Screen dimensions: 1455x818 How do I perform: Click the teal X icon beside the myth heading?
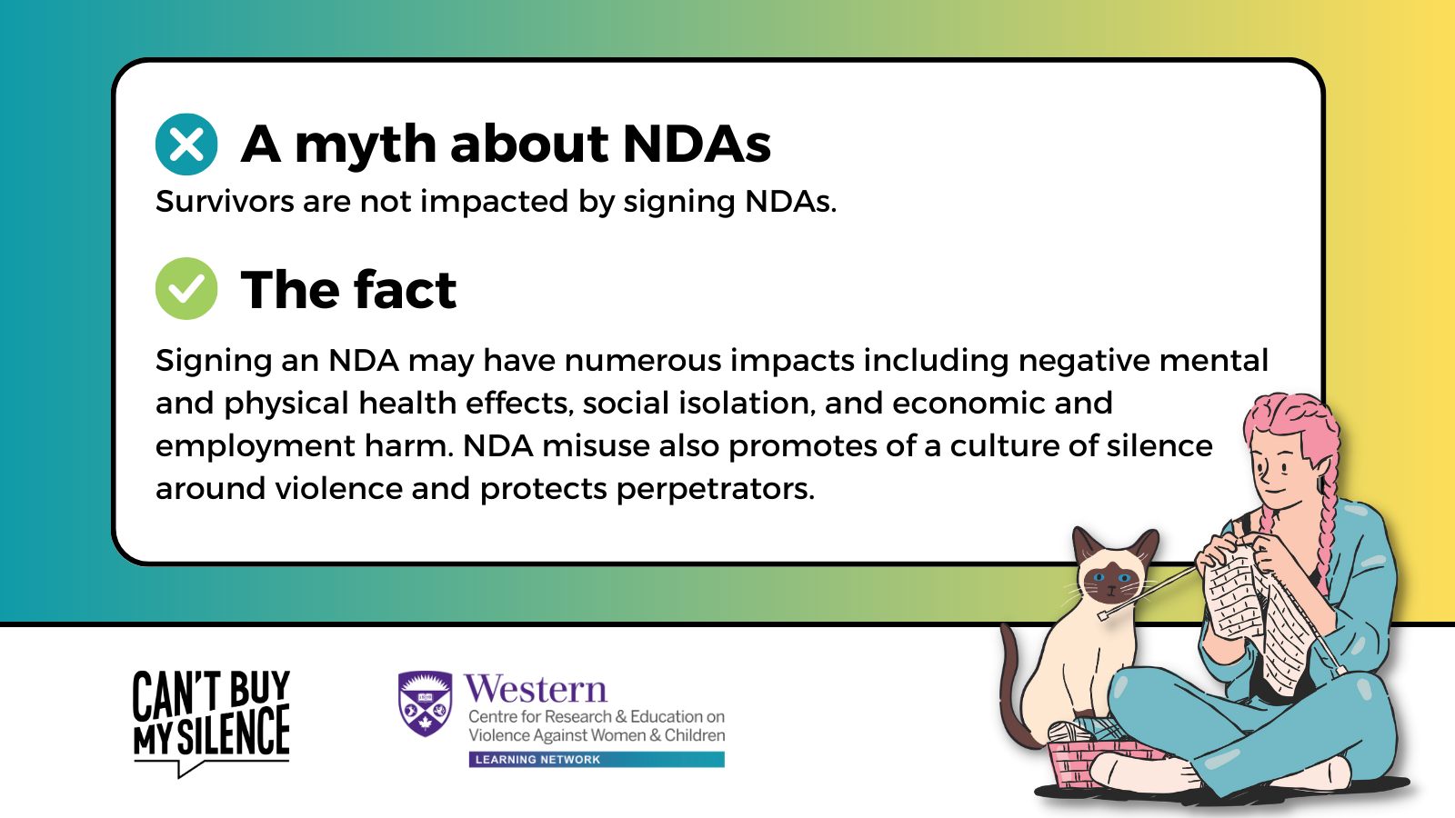click(186, 145)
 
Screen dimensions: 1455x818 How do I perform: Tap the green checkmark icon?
click(186, 288)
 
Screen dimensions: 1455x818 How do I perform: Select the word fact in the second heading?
click(405, 290)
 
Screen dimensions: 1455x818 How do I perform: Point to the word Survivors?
click(225, 201)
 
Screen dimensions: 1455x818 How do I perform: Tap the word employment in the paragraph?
click(256, 447)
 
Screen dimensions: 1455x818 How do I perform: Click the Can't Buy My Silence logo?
click(211, 723)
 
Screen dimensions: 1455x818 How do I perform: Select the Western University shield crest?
click(425, 703)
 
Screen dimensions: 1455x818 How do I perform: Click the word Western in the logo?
click(536, 690)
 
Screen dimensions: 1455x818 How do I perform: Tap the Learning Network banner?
click(597, 760)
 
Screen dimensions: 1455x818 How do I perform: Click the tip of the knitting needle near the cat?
click(1102, 615)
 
